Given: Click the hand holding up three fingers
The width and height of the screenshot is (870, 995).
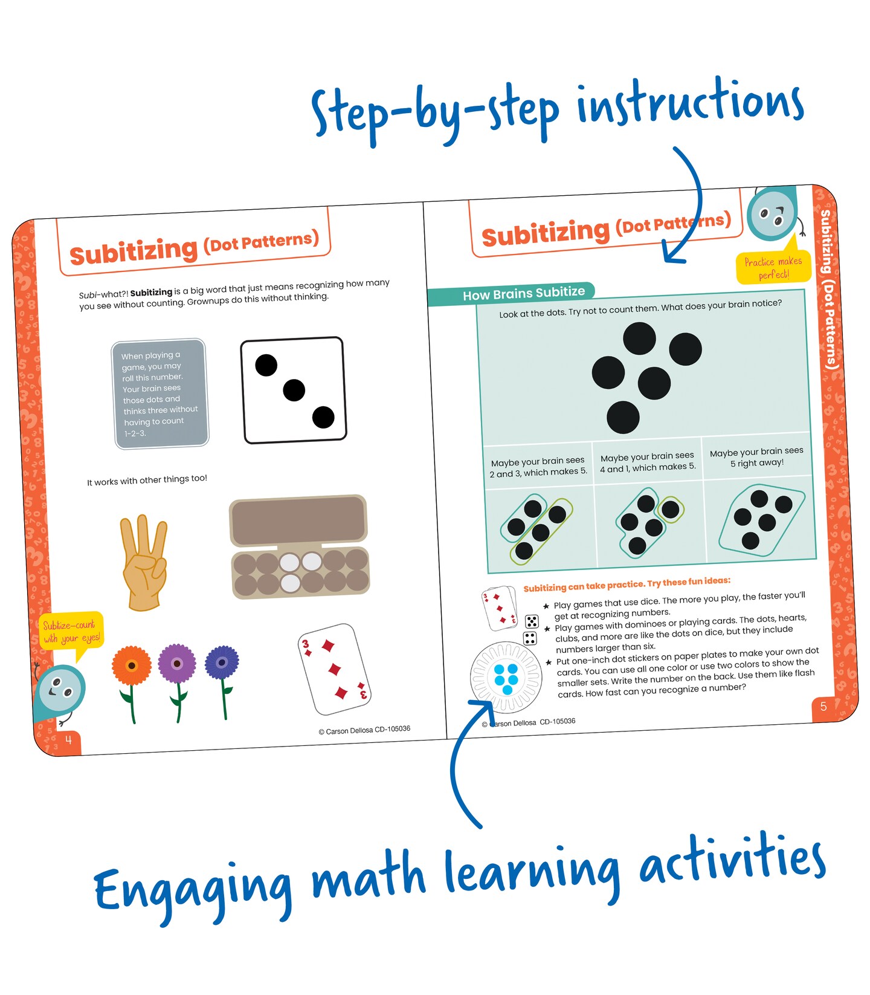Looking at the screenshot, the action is pyautogui.click(x=144, y=562).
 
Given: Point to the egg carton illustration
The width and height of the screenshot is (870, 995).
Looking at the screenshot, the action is pyautogui.click(x=299, y=547).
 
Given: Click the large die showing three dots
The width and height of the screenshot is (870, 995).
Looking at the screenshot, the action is pyautogui.click(x=293, y=390).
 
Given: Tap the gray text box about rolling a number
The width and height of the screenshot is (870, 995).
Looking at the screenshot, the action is pyautogui.click(x=160, y=394).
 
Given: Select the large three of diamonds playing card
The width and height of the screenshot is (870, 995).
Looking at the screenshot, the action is pyautogui.click(x=334, y=669).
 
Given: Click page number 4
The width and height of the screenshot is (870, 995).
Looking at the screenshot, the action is pyautogui.click(x=68, y=740).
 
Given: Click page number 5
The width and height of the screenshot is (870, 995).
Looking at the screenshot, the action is pyautogui.click(x=823, y=706).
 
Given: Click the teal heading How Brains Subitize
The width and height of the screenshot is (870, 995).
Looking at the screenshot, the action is pyautogui.click(x=523, y=294).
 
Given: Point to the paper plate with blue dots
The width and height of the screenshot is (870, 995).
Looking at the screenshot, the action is pyautogui.click(x=506, y=678).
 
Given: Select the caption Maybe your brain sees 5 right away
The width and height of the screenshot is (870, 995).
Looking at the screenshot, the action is pyautogui.click(x=756, y=457).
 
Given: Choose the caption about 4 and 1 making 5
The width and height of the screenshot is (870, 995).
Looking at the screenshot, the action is pyautogui.click(x=648, y=461).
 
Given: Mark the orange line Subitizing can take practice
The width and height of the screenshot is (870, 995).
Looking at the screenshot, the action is pyautogui.click(x=627, y=584).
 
